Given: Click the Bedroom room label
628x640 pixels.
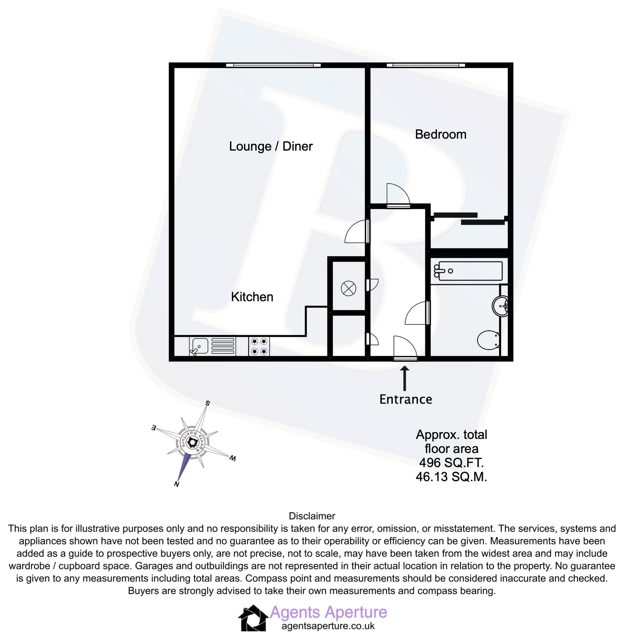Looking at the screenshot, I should pos(440,134).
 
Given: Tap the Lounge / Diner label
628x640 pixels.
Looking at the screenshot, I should pos(270,146).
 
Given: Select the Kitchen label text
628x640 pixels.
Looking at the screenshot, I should pos(252,297).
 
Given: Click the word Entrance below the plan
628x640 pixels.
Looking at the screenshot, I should pos(405,399).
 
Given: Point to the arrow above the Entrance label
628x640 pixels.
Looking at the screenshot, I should pos(404,378).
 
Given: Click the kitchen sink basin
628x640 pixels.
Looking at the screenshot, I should pos(199,346).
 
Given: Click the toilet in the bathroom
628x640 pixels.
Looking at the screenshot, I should pos(488,340).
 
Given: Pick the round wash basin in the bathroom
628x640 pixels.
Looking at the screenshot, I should pos(500,306).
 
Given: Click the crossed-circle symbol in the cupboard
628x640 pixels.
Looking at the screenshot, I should pos(348,288).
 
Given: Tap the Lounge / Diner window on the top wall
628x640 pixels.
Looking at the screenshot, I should pos(273,65).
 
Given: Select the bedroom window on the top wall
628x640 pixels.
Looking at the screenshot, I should pos(426,65).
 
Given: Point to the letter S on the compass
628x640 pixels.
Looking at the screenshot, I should pos(207,403).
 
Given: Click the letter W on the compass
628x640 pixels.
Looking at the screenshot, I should pos(232,458).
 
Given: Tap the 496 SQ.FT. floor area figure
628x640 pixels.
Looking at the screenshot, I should pos(451,463).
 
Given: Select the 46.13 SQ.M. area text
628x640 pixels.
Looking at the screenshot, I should pos(451,477).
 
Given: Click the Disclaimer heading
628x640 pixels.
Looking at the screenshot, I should pos(312,516).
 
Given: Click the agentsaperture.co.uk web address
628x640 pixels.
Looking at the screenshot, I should pos(328,626).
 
